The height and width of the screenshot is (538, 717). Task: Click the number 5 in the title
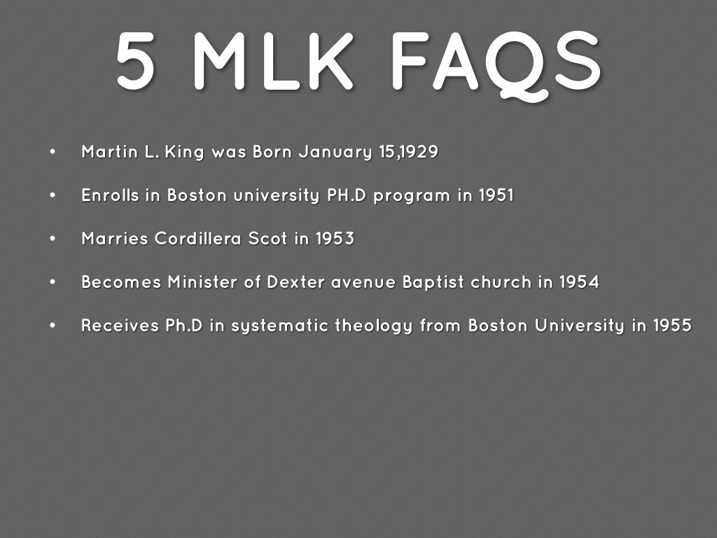(x=136, y=62)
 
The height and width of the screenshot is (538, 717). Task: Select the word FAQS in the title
(x=496, y=62)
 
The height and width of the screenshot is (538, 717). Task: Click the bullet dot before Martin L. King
(x=53, y=151)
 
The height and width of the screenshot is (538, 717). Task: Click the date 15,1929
(x=408, y=152)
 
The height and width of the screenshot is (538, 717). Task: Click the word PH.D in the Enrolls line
(x=347, y=195)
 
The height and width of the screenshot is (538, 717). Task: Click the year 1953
(x=335, y=239)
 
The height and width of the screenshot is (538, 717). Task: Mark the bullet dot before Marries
(x=53, y=238)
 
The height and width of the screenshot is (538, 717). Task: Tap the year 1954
(x=579, y=282)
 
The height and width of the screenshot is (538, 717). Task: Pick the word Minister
(x=213, y=282)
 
